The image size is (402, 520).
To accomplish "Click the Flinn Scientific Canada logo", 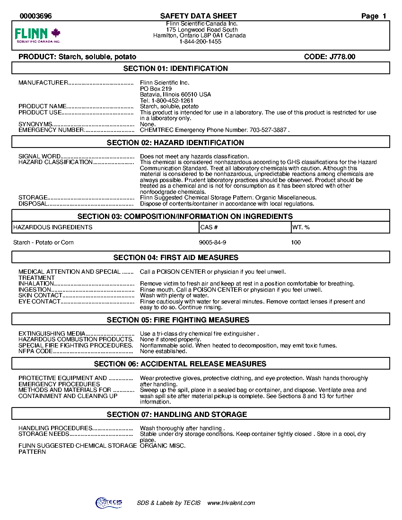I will click(x=38, y=35).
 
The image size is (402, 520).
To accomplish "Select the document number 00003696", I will click(x=35, y=16).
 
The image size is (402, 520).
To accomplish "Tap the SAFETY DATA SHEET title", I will click(x=199, y=16).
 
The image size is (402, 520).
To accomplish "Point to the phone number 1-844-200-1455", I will click(x=200, y=42).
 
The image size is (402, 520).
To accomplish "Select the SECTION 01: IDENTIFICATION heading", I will click(x=175, y=69).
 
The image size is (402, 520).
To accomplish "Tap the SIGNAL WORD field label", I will click(x=40, y=156).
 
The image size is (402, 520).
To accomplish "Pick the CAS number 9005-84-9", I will click(x=213, y=243).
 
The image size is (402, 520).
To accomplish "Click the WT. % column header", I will click(x=301, y=227).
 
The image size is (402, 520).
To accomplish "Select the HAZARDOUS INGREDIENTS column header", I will click(x=53, y=227).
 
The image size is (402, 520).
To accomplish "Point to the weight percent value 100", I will click(x=296, y=243).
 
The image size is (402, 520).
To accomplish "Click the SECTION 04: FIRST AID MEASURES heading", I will click(x=176, y=258).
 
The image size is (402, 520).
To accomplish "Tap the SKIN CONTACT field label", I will click(x=40, y=295).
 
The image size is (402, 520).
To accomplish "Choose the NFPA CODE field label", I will click(x=35, y=351).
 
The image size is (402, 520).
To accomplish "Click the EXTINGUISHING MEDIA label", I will click(x=52, y=334).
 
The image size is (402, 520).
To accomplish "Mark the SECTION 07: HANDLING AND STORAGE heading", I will click(x=177, y=415).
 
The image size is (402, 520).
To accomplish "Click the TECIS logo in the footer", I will click(x=109, y=503).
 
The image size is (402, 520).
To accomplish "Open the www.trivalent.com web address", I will click(x=231, y=503).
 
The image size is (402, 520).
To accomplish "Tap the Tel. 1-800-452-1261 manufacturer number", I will click(x=166, y=101).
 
